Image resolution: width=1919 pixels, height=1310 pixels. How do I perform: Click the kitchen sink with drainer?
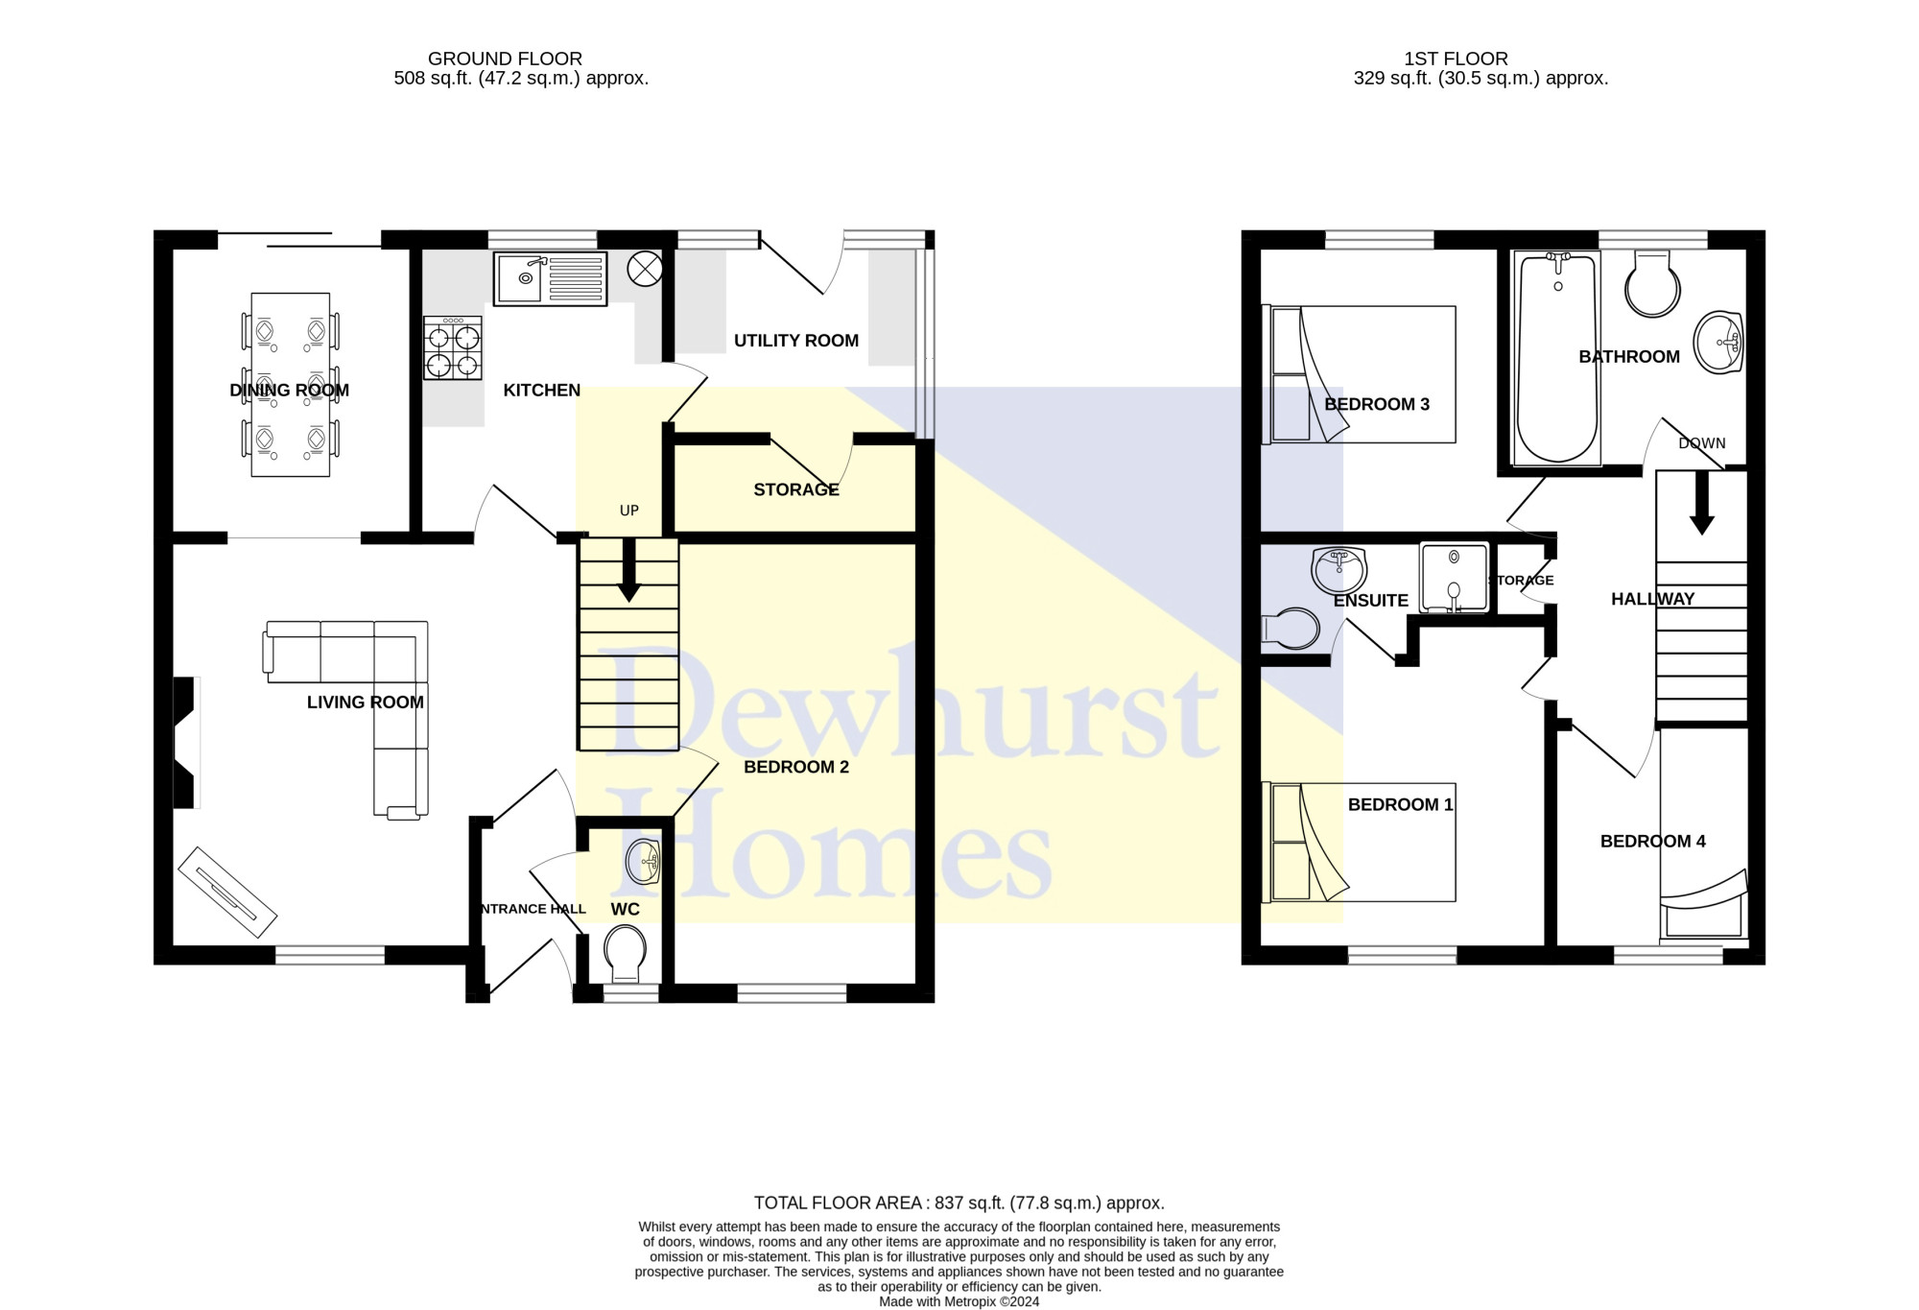(550, 278)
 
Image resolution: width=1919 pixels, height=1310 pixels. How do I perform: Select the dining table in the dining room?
(290, 384)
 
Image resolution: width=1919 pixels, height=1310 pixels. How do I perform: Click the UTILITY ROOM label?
(795, 341)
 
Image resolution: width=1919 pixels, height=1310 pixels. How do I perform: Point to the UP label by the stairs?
(628, 511)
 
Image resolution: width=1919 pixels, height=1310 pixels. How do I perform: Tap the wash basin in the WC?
(643, 862)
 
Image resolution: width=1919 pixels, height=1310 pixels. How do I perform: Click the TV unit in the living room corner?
(227, 892)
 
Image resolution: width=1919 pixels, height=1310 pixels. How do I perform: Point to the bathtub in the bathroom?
(1556, 358)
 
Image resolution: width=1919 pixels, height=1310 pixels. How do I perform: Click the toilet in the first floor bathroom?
(1652, 285)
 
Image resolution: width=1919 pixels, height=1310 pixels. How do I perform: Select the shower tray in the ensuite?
(1454, 578)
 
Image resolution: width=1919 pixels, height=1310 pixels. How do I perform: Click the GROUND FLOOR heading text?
(505, 59)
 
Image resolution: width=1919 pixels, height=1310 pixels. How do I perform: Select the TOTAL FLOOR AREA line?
(959, 1203)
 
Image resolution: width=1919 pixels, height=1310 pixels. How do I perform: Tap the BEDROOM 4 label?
(1652, 842)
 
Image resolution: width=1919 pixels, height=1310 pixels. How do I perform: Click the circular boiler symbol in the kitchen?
(645, 269)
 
